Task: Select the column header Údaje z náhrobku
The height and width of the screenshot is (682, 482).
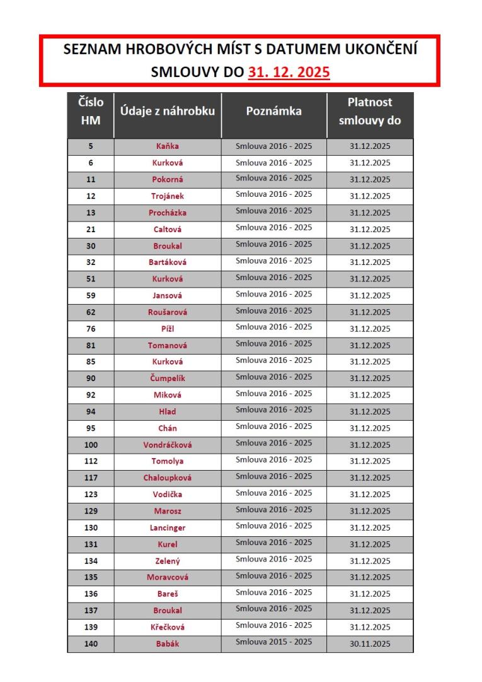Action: [x=168, y=112]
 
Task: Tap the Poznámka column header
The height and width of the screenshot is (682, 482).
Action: [x=274, y=112]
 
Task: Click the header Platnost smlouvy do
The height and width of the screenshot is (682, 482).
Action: [x=370, y=112]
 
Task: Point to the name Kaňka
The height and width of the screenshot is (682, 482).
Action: [x=168, y=146]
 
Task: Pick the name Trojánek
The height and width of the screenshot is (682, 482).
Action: [x=168, y=196]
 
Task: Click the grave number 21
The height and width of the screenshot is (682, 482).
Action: [x=91, y=229]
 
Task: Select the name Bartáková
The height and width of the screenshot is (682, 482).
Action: [x=168, y=262]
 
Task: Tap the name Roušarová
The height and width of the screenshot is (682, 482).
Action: [x=168, y=312]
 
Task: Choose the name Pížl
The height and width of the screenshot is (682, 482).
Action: [x=168, y=329]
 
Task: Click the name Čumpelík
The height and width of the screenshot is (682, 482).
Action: [x=168, y=379]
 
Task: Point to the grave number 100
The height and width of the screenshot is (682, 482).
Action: [x=91, y=445]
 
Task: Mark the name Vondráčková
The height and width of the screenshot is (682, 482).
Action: [x=168, y=445]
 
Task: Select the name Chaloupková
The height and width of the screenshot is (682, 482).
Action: [x=168, y=478]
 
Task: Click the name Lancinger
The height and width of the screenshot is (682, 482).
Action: [x=168, y=528]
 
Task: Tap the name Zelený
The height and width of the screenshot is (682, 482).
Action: [x=168, y=561]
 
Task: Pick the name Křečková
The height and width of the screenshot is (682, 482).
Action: [x=168, y=627]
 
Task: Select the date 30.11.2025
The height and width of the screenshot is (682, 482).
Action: [x=370, y=644]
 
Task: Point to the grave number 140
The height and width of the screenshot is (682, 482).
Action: [x=91, y=644]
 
